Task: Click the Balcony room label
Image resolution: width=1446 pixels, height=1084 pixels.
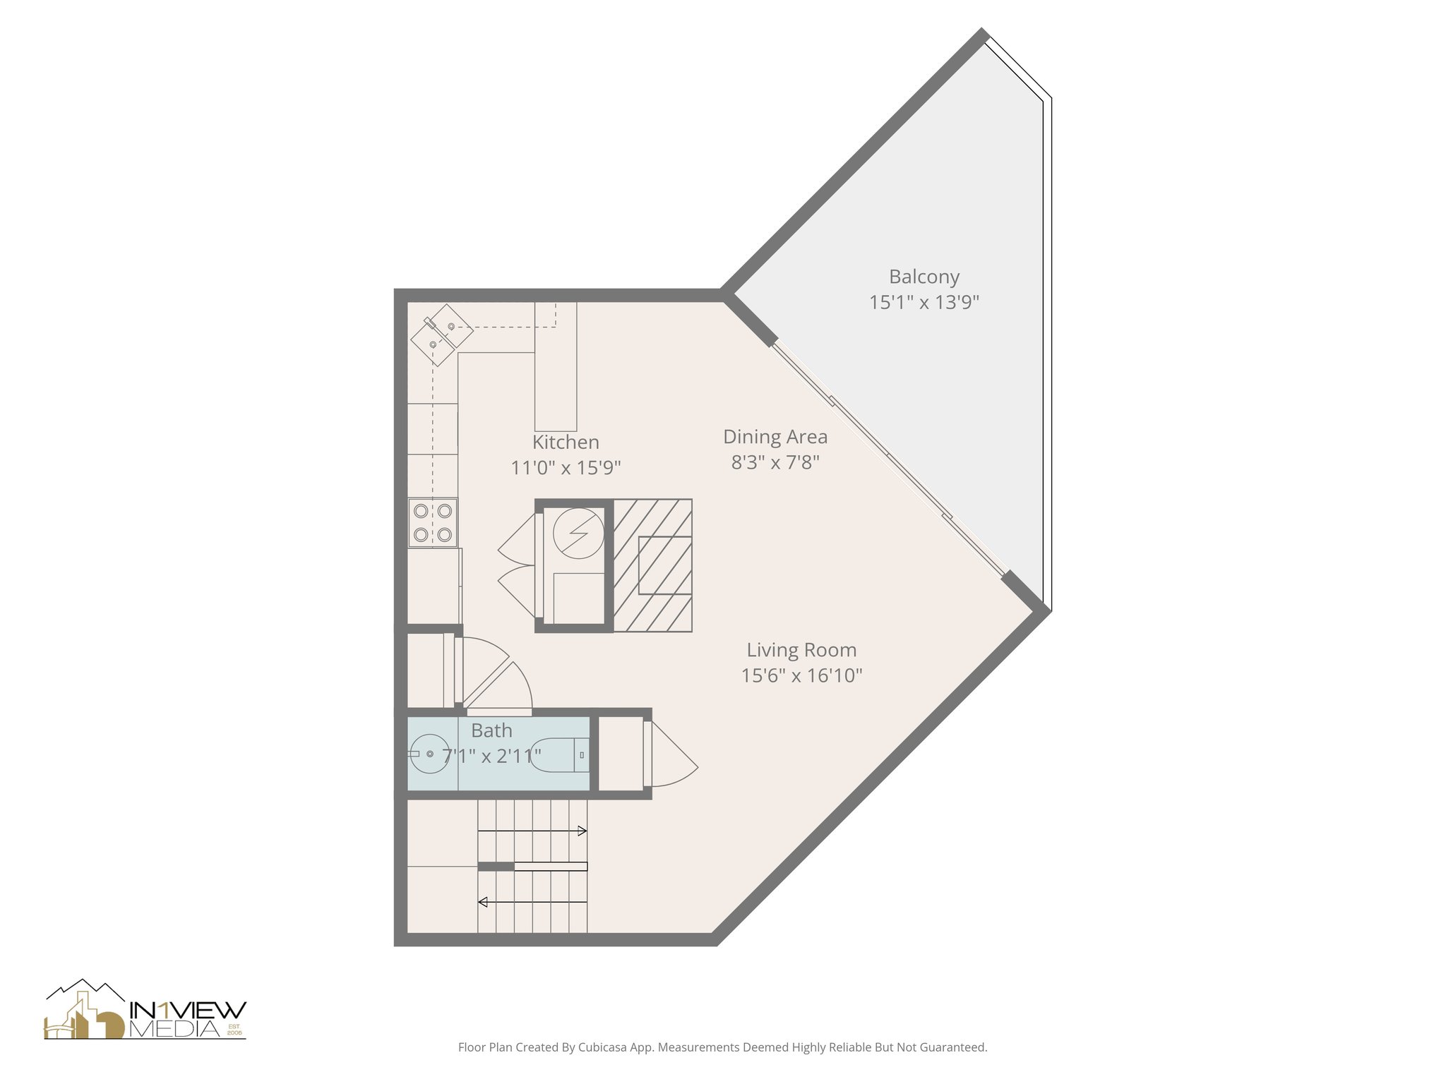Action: (x=924, y=277)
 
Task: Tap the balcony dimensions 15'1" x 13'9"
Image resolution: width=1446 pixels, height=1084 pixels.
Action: (x=924, y=303)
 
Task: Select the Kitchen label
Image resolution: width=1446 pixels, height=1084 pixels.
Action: (x=566, y=442)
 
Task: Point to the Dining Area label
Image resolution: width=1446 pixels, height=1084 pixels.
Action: (x=775, y=437)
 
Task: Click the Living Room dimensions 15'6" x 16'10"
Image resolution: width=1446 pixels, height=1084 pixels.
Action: (x=801, y=675)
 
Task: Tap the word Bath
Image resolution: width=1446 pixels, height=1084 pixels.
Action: (x=491, y=730)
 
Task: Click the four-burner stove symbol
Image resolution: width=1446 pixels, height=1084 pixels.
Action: (x=433, y=523)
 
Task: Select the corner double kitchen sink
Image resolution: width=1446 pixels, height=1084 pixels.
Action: (x=442, y=335)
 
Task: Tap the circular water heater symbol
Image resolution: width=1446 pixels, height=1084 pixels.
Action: (x=578, y=533)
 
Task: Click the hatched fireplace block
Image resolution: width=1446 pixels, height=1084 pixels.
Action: (x=652, y=565)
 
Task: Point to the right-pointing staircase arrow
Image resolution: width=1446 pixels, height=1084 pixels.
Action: (x=582, y=831)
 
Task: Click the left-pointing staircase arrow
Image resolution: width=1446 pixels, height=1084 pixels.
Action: (x=484, y=902)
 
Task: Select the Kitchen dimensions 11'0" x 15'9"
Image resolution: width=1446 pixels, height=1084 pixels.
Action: (x=566, y=468)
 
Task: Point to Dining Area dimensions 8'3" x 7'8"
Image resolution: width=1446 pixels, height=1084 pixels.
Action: (x=775, y=463)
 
